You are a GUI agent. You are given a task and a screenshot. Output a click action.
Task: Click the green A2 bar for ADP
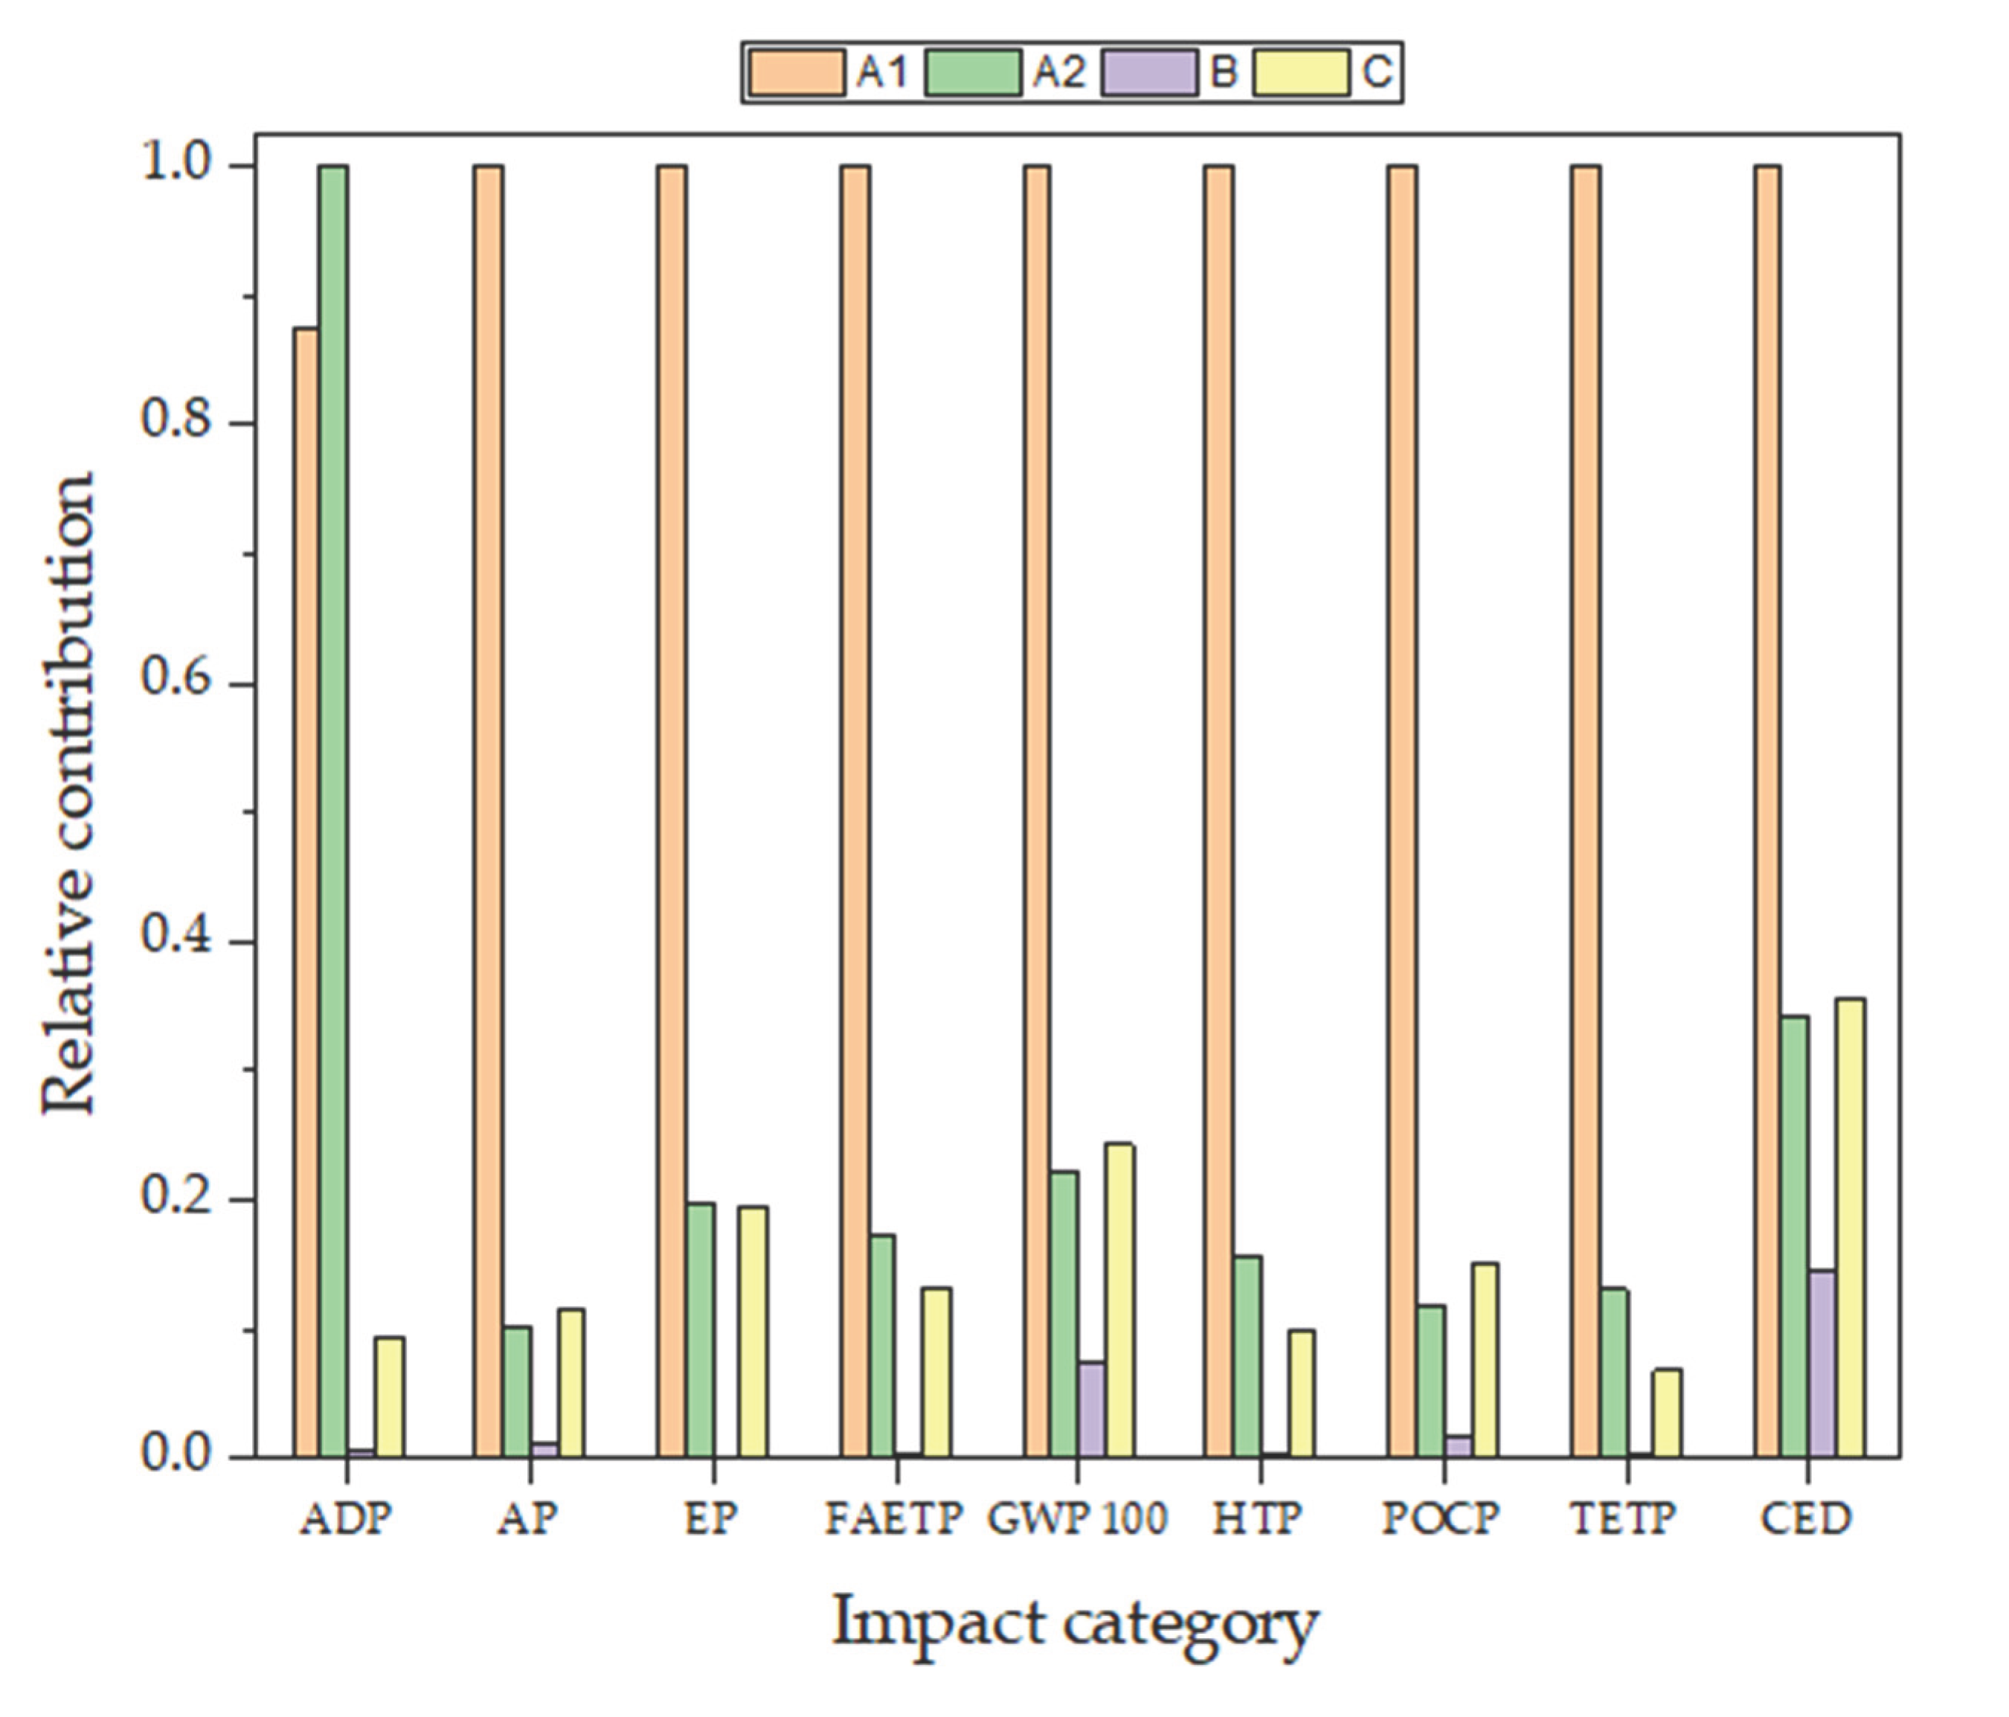[x=333, y=810]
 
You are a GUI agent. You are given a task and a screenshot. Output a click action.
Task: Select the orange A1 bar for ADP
[x=307, y=892]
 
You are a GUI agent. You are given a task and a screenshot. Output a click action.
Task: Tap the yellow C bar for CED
[x=1850, y=1227]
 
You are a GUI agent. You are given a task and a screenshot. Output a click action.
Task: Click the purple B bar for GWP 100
[x=1092, y=1409]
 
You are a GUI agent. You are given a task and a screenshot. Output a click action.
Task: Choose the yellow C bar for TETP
[x=1667, y=1413]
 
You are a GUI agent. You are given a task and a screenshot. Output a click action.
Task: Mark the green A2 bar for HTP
[x=1247, y=1356]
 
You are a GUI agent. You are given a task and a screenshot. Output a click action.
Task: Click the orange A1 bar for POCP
[x=1401, y=810]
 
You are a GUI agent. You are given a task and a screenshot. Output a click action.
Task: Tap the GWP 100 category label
[x=1076, y=1518]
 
